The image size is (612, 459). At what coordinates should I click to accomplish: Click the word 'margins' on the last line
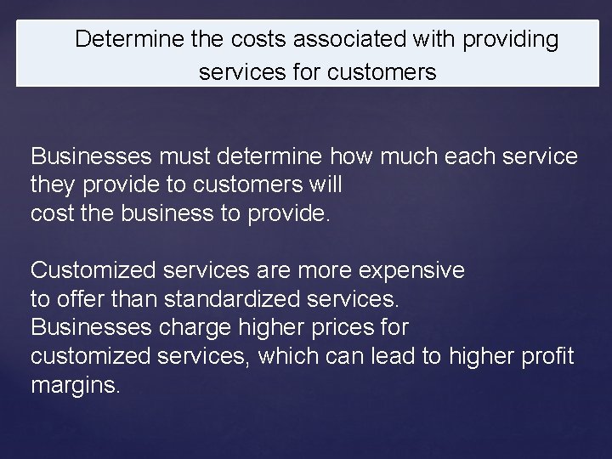75,384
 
